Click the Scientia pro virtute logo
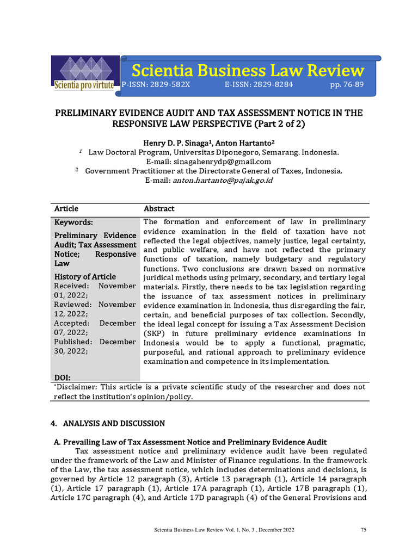84,75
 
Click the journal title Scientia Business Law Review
248,70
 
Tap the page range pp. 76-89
347,85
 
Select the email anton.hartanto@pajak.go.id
223,180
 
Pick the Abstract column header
159,209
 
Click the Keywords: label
73,222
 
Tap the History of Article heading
85,277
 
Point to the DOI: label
63,377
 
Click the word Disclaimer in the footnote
77,387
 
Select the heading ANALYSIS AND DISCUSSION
114,423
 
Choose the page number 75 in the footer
364,530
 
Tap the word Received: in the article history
71,286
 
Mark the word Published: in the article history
73,342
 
